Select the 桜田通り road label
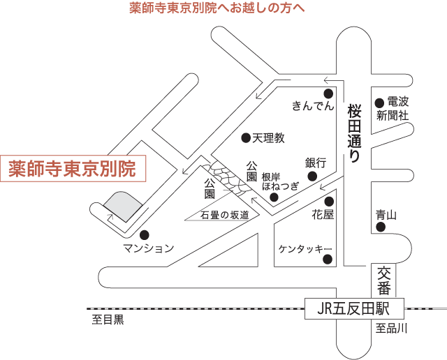(x=354, y=133)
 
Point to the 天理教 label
(x=269, y=138)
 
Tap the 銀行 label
(x=316, y=162)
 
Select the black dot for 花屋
(x=328, y=202)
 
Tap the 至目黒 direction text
(x=108, y=321)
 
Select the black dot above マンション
(x=145, y=234)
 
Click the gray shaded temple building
(x=123, y=205)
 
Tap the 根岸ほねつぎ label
(x=279, y=181)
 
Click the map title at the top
(x=217, y=9)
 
